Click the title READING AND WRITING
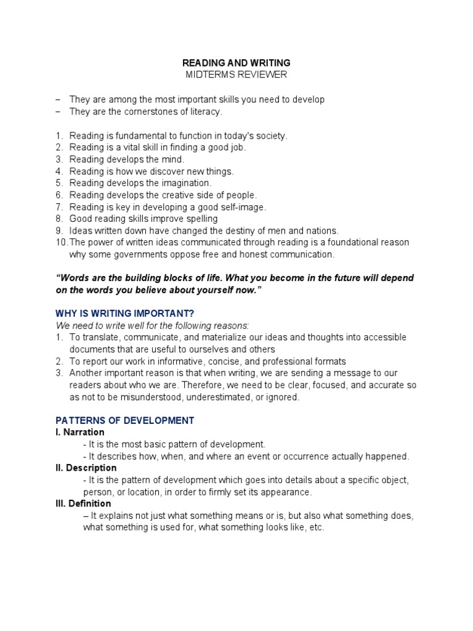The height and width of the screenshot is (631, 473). [236, 63]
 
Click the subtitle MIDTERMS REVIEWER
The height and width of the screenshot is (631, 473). [236, 75]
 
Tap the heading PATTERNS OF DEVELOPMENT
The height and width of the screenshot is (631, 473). [124, 420]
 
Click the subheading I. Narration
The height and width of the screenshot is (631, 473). [79, 433]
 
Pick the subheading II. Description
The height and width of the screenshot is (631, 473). [86, 468]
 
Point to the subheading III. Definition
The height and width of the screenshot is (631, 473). [83, 504]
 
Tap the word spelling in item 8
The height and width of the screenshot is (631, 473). [201, 218]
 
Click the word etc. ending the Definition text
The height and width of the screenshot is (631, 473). [315, 528]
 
